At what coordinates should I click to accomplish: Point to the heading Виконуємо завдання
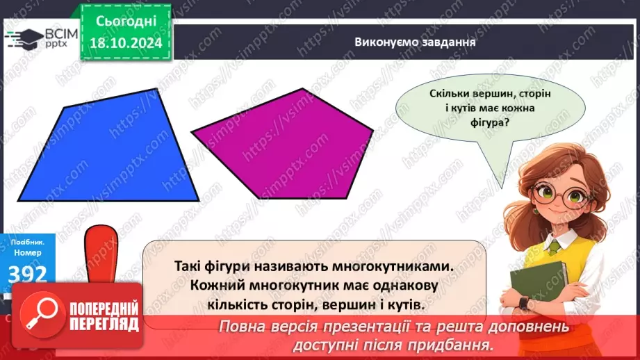coord(404,41)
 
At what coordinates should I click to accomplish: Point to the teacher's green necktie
coord(554,245)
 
